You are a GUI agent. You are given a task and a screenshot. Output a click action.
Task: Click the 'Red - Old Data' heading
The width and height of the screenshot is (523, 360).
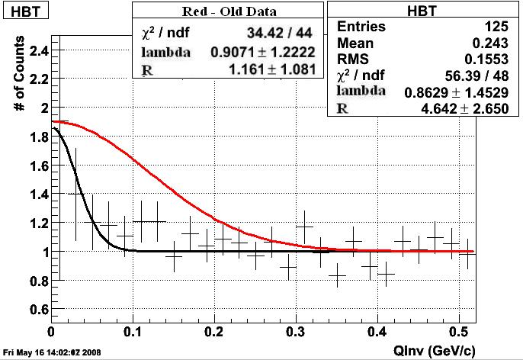tap(229, 11)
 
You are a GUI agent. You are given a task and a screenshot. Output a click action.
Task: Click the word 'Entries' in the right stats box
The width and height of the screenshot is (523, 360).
tap(361, 27)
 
